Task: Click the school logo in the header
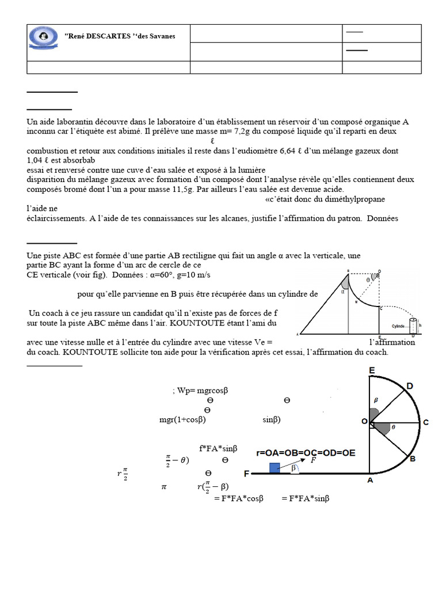[x=43, y=37]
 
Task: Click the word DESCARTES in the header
[x=107, y=36]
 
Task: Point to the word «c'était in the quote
[x=281, y=199]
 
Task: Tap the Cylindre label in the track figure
[x=398, y=325]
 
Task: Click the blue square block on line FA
[x=275, y=468]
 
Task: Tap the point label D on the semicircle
[x=409, y=385]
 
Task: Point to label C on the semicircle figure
[x=426, y=422]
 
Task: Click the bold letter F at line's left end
[x=246, y=474]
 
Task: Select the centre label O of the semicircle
[x=364, y=422]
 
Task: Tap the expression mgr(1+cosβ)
[x=182, y=419]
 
